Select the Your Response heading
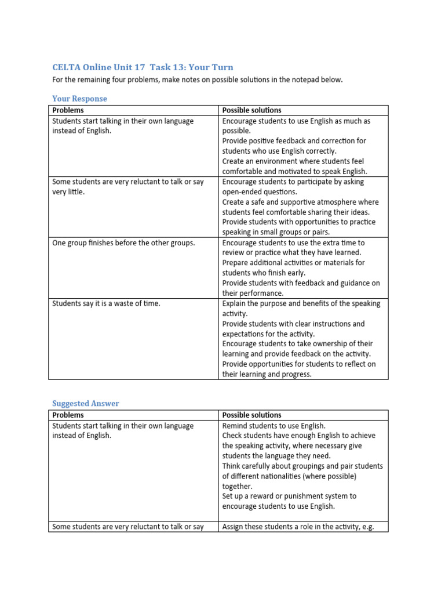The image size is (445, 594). pos(79,99)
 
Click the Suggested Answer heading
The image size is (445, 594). pos(86,403)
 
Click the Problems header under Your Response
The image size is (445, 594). pos(68,110)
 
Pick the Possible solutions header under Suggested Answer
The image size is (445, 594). pos(251,415)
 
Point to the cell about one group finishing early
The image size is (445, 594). pos(123,242)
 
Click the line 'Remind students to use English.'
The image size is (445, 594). pos(273,426)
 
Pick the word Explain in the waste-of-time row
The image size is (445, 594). pos(235,303)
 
